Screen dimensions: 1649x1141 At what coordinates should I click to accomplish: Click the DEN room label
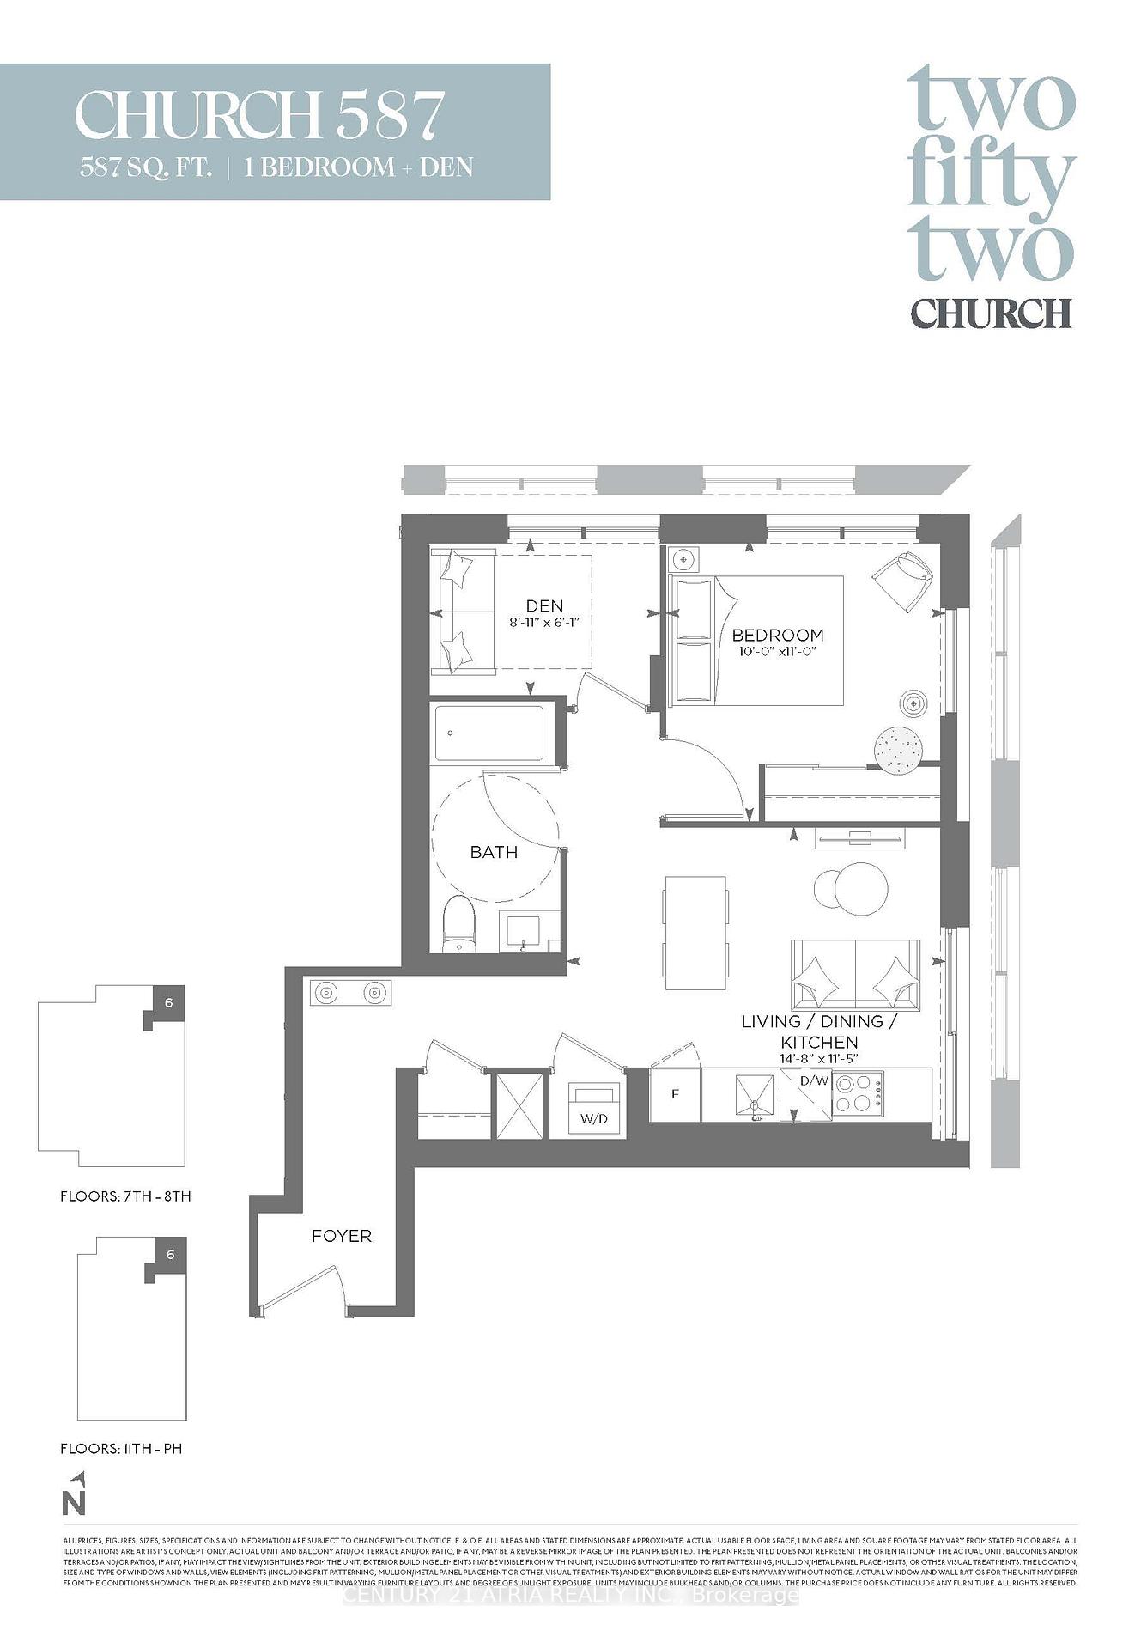point(545,605)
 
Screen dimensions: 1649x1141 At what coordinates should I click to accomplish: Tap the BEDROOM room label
point(777,635)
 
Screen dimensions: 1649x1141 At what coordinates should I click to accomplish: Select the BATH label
point(494,852)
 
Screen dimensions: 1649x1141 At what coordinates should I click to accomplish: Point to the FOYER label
point(342,1236)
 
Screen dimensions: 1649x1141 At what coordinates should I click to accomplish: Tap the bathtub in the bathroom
point(489,733)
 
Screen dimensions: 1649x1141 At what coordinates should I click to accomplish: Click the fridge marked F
point(676,1095)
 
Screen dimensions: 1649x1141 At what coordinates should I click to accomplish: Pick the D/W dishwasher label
point(814,1080)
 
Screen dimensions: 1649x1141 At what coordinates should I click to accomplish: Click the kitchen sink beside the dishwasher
point(755,1095)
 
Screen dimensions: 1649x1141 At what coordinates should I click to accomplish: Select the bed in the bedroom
point(756,641)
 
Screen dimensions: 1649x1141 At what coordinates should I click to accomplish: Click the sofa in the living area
point(855,975)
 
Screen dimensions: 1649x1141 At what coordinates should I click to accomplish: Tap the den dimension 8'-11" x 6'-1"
point(545,622)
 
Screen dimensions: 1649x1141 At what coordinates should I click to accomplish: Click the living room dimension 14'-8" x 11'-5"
point(819,1059)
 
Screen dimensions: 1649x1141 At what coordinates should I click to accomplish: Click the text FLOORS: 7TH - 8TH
point(125,1196)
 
